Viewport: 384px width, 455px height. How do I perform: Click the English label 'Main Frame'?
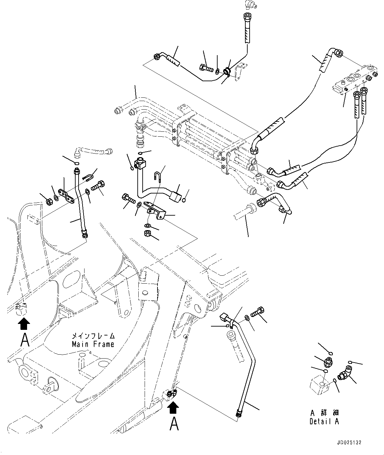tap(93, 344)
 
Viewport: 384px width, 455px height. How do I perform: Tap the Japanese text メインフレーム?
tap(93, 336)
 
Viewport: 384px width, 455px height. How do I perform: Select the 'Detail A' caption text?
tap(324, 421)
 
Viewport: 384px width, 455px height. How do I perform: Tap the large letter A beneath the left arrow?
tap(24, 340)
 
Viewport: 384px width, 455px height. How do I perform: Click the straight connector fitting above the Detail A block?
tap(328, 363)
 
